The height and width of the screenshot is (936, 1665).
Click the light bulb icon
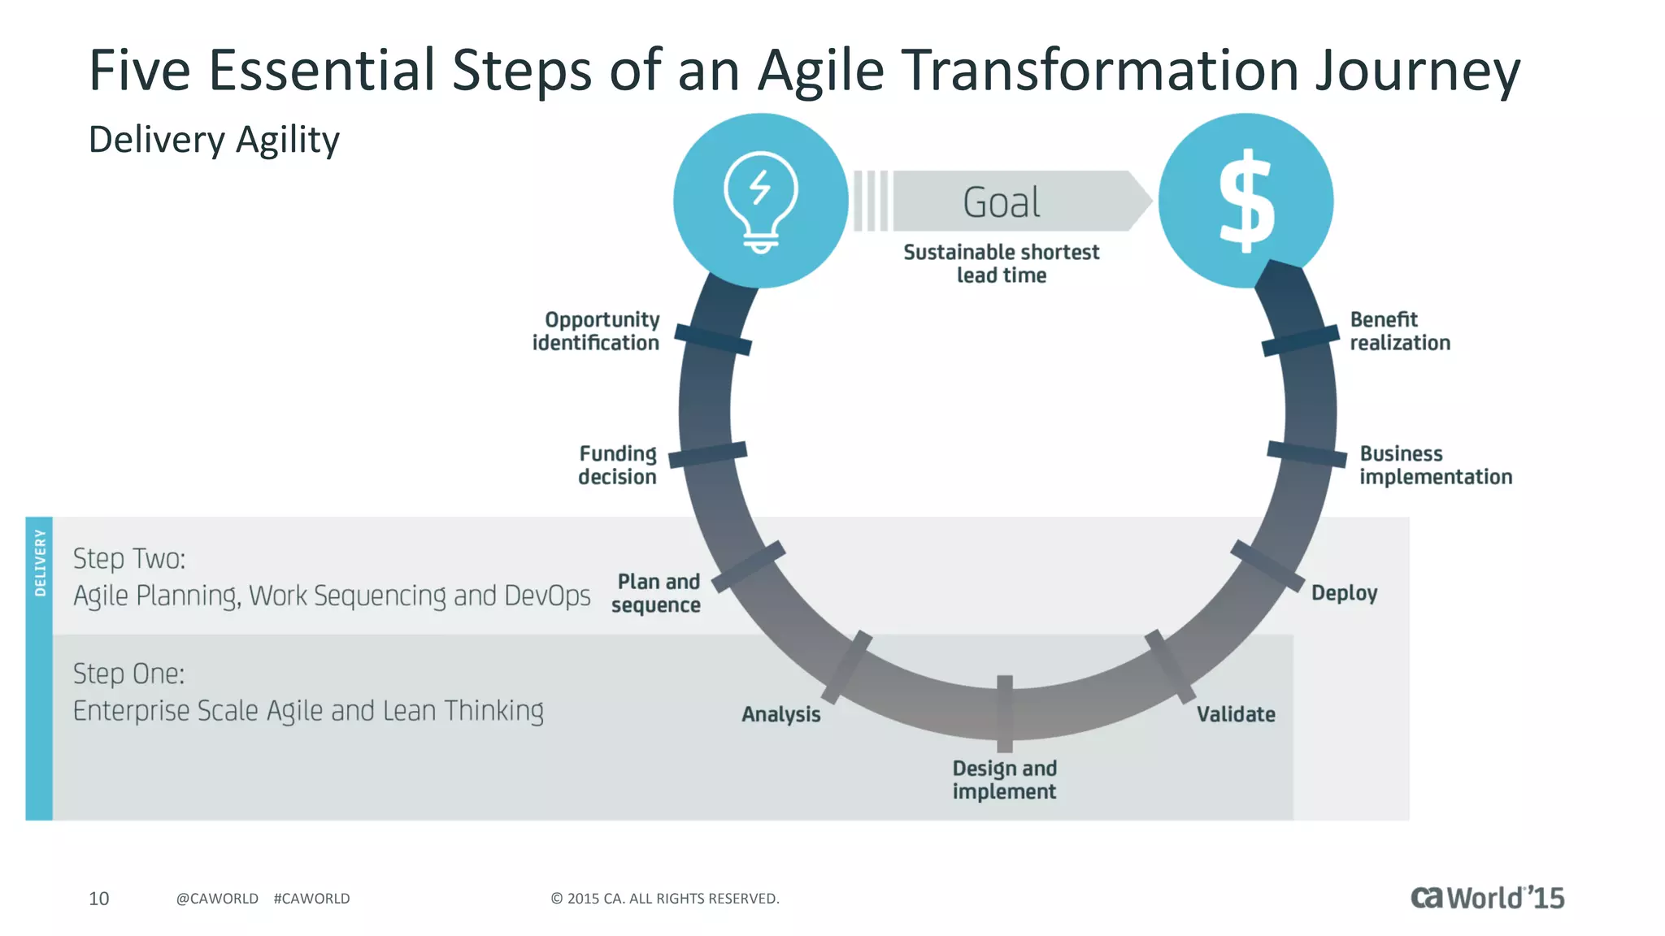[761, 201]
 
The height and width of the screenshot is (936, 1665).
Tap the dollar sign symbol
[1246, 201]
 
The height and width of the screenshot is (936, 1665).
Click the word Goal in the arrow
[1002, 202]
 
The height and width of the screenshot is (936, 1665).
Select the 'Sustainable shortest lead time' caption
[1002, 263]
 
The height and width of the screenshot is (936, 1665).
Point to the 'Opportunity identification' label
[596, 331]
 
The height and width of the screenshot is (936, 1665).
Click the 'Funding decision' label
[618, 465]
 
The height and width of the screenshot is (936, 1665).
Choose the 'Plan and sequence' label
[657, 593]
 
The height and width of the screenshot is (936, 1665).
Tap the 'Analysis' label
[781, 714]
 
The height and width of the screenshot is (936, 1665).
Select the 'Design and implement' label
[1005, 780]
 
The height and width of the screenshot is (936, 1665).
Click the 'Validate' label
[1236, 714]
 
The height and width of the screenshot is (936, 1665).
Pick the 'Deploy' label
[1344, 593]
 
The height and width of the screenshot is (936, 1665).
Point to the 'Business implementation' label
[1436, 465]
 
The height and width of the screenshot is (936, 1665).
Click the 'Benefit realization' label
[1400, 331]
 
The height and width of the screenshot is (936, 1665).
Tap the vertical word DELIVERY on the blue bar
[40, 562]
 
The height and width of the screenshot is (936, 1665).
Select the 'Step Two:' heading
[129, 559]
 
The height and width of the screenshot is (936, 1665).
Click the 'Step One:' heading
[129, 674]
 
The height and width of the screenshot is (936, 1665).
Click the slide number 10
[98, 899]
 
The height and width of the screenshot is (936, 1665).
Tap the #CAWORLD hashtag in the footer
[311, 899]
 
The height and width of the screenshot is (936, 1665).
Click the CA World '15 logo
[1487, 898]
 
